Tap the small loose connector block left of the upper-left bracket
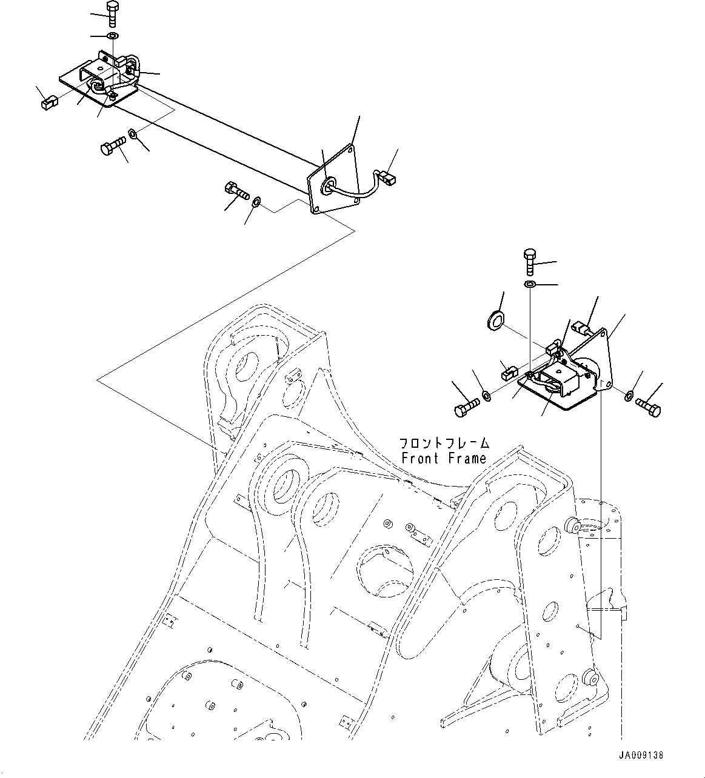pyautogui.click(x=48, y=104)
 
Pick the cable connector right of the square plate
pyautogui.click(x=386, y=177)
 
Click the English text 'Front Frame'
pyautogui.click(x=444, y=459)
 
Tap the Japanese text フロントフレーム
pyautogui.click(x=444, y=443)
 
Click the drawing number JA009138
pyautogui.click(x=641, y=756)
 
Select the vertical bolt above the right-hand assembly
pyautogui.click(x=529, y=261)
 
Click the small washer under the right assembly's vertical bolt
pyautogui.click(x=529, y=284)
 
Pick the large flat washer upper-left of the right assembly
pyautogui.click(x=496, y=319)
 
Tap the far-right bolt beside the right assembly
pyautogui.click(x=649, y=407)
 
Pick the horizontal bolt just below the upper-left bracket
pyautogui.click(x=113, y=146)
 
